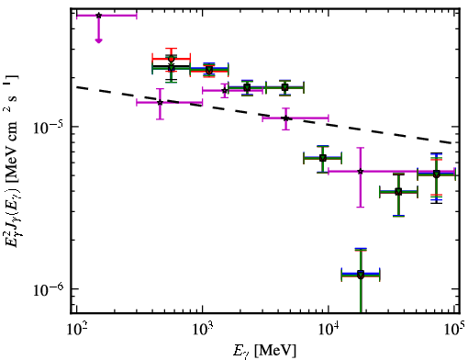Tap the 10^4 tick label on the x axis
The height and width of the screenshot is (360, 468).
pyautogui.click(x=329, y=330)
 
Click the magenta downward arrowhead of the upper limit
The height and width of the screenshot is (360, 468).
pyautogui.click(x=98, y=40)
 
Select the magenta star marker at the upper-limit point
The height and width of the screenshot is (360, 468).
pyautogui.click(x=98, y=16)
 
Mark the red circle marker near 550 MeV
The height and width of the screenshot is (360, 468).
pyautogui.click(x=172, y=59)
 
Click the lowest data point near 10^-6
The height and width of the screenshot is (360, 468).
pyautogui.click(x=361, y=275)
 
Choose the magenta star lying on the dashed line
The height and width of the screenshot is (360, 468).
pyautogui.click(x=285, y=118)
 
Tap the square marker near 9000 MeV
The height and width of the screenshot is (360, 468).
pyautogui.click(x=322, y=158)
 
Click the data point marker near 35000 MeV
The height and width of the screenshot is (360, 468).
pyautogui.click(x=398, y=192)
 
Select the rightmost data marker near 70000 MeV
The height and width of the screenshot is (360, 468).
pyautogui.click(x=437, y=174)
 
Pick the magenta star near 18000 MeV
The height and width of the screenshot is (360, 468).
pyautogui.click(x=361, y=171)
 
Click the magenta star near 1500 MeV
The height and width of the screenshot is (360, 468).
pyautogui.click(x=225, y=90)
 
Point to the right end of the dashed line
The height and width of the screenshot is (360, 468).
pyautogui.click(x=452, y=143)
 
